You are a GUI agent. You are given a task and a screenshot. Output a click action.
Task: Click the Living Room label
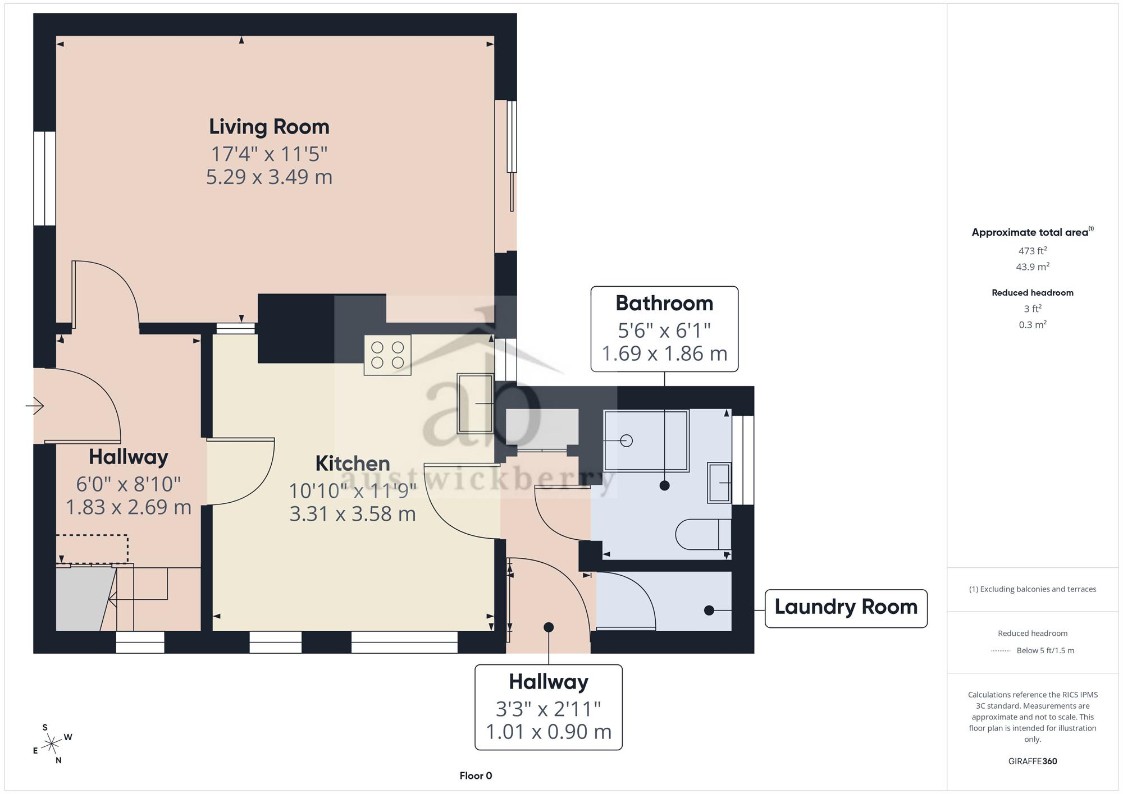(x=269, y=127)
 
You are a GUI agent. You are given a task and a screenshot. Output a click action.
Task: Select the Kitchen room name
(x=353, y=463)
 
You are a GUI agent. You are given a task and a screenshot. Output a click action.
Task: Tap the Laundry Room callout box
(x=846, y=608)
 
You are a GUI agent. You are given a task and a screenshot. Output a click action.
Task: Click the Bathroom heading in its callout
(x=664, y=303)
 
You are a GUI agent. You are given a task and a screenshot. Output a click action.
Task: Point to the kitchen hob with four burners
(x=387, y=355)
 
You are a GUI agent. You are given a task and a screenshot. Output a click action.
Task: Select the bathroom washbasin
(x=719, y=483)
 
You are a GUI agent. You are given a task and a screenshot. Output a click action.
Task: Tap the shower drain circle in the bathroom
(x=627, y=441)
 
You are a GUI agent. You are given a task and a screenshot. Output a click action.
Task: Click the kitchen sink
(x=476, y=403)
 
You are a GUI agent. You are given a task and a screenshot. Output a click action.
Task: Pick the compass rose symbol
(x=52, y=744)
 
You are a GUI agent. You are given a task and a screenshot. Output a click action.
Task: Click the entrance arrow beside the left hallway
(x=35, y=405)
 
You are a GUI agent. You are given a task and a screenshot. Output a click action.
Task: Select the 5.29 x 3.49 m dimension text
(x=269, y=177)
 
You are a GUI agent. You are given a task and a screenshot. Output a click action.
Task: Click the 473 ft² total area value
(x=1033, y=251)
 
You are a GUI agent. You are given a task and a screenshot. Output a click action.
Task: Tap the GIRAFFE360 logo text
(x=1033, y=761)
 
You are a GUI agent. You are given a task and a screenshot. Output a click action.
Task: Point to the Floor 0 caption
(x=476, y=776)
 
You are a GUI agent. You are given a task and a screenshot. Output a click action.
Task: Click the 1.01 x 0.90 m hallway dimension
(x=549, y=732)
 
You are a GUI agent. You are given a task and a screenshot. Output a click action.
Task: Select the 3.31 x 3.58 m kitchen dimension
(x=353, y=514)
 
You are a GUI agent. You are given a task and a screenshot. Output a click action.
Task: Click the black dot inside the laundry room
(x=709, y=610)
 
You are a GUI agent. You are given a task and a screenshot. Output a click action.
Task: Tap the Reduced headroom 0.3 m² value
(x=1033, y=325)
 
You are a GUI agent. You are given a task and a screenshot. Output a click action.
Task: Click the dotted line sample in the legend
(x=1001, y=651)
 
